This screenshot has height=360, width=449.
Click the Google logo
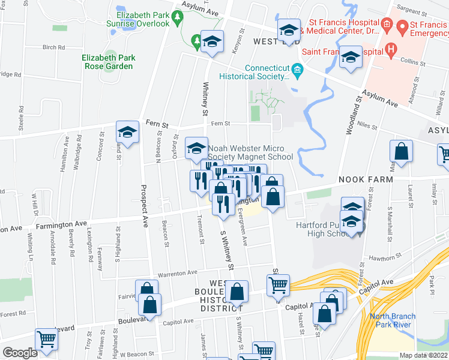[20, 353]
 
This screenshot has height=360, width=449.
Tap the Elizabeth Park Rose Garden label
[108, 62]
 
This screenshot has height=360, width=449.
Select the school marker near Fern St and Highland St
[127, 132]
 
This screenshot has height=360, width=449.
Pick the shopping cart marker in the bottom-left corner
[47, 340]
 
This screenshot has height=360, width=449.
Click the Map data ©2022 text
[423, 355]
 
